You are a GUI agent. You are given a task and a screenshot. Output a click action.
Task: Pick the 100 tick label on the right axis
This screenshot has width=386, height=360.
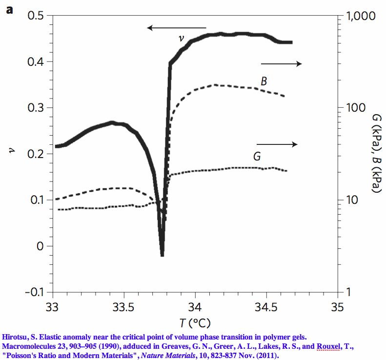click(x=353, y=108)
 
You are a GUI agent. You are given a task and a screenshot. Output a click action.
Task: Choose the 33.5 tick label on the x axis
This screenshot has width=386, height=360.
click(x=123, y=308)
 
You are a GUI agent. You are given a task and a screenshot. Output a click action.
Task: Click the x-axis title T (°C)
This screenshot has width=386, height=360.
click(x=195, y=322)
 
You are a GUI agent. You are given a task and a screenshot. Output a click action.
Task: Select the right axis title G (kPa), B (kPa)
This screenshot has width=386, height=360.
click(x=376, y=154)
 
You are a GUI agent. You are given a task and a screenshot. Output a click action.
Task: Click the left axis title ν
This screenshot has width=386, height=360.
click(x=12, y=154)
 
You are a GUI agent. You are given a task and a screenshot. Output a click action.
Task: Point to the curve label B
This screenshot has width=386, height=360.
click(x=264, y=81)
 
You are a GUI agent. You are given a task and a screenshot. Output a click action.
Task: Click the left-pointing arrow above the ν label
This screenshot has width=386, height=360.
click(x=177, y=28)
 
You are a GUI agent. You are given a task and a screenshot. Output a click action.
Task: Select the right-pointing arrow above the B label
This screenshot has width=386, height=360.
click(x=282, y=64)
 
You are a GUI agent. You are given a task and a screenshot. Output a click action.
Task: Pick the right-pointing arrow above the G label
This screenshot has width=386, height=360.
click(x=277, y=144)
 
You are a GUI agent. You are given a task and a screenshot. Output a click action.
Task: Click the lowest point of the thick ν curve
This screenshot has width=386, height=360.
click(x=162, y=254)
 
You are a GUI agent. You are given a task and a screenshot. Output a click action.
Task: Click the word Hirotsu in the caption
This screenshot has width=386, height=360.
click(x=15, y=336)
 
